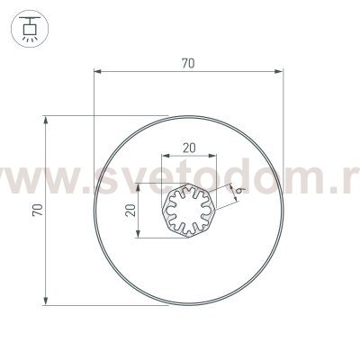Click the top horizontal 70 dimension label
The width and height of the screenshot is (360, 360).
(x=188, y=64)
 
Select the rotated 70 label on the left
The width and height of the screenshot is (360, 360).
(x=33, y=209)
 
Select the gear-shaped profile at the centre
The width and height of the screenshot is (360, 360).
(x=189, y=212)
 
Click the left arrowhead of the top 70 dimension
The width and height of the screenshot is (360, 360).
(x=97, y=72)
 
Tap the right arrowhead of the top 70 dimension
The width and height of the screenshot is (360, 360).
(x=280, y=72)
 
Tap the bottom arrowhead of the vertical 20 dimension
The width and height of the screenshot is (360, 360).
(x=139, y=236)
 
